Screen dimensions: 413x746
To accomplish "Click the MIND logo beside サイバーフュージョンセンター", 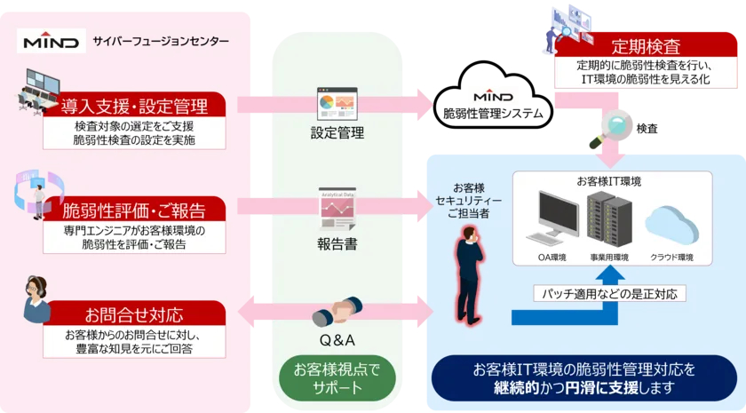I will (x=52, y=41).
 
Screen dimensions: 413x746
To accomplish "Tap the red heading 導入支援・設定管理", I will (x=135, y=107).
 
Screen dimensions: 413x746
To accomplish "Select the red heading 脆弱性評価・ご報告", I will (x=135, y=210).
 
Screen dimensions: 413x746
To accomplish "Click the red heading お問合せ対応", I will (x=135, y=314).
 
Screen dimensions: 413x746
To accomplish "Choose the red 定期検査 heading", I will (x=646, y=46).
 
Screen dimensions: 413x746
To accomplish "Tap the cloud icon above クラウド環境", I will (x=671, y=222).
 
